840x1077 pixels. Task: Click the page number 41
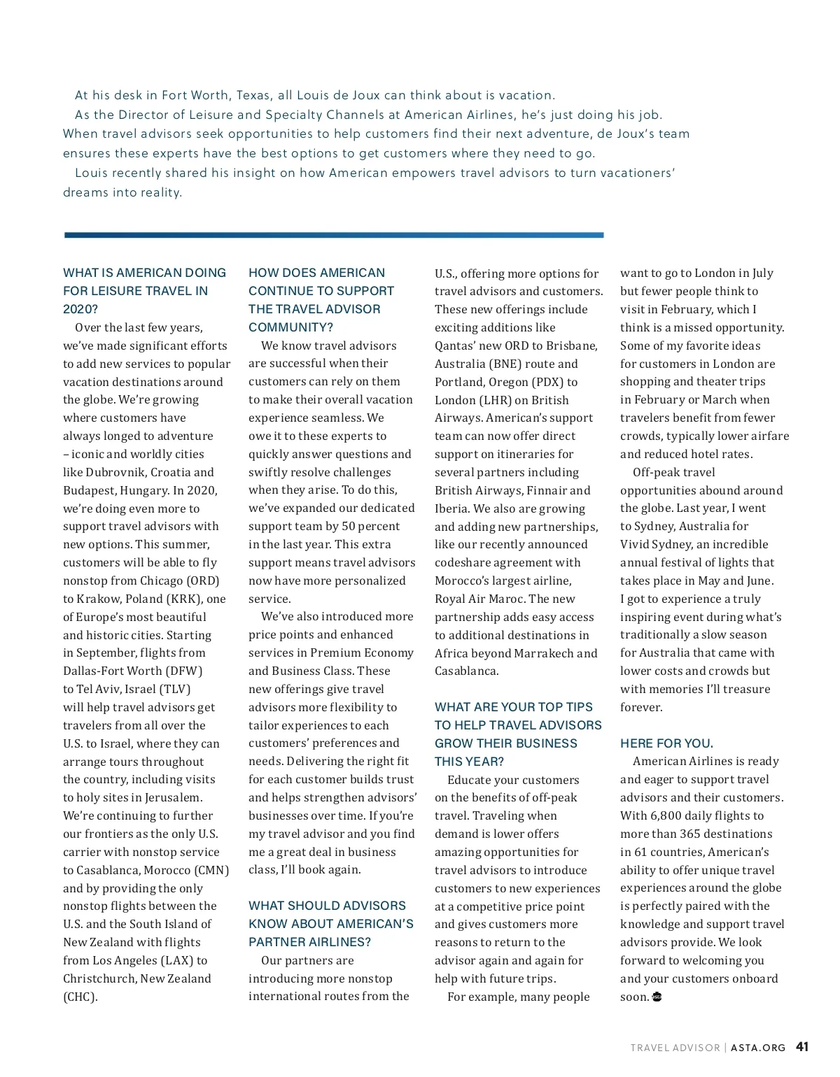click(x=802, y=1047)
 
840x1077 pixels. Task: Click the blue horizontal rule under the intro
click(x=333, y=235)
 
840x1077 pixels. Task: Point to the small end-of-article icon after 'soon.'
click(x=657, y=997)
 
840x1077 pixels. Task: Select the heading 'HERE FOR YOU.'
click(x=666, y=743)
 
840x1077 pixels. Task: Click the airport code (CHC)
click(x=79, y=997)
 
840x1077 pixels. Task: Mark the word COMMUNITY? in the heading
click(x=290, y=327)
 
